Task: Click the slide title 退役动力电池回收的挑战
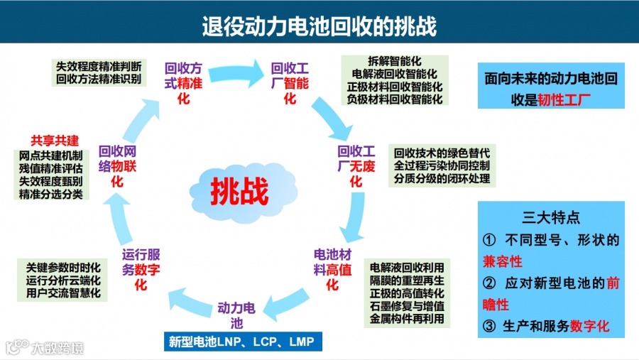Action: [319, 26]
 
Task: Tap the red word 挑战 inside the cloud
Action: [239, 190]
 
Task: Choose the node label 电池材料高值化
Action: [332, 269]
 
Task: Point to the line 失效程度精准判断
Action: [99, 66]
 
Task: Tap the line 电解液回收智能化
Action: [394, 74]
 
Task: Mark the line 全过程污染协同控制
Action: [442, 165]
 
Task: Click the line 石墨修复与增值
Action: [407, 306]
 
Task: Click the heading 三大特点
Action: [550, 218]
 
